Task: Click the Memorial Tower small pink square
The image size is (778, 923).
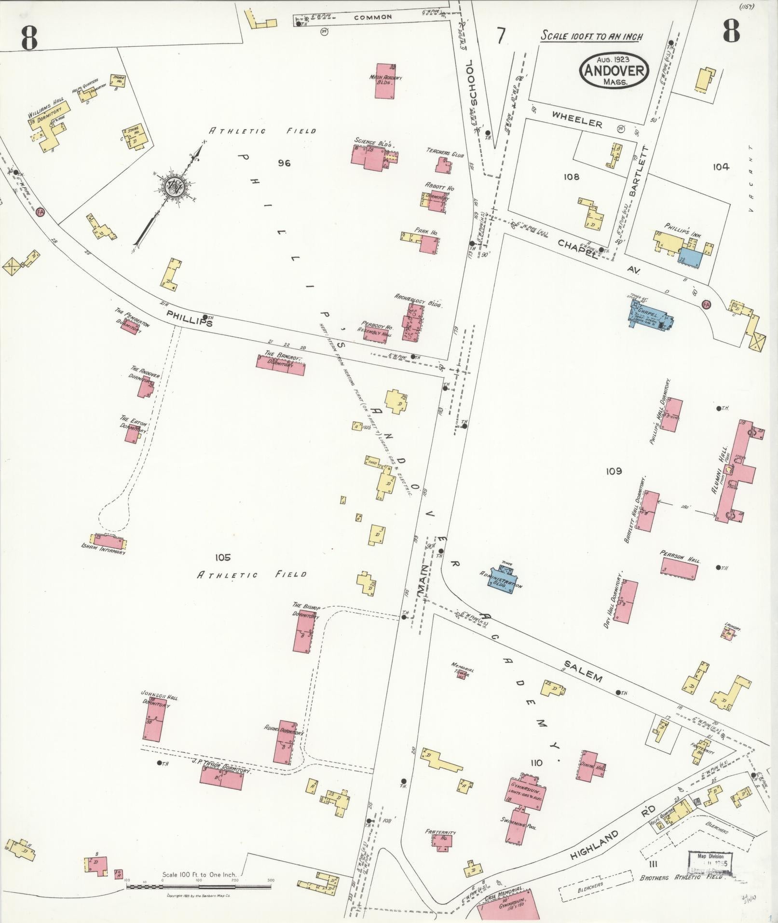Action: click(461, 675)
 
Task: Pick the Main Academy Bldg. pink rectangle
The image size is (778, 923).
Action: click(386, 81)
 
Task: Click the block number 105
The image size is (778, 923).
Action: click(223, 557)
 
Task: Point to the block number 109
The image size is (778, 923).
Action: click(614, 471)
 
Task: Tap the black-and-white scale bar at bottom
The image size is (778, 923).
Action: click(198, 886)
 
